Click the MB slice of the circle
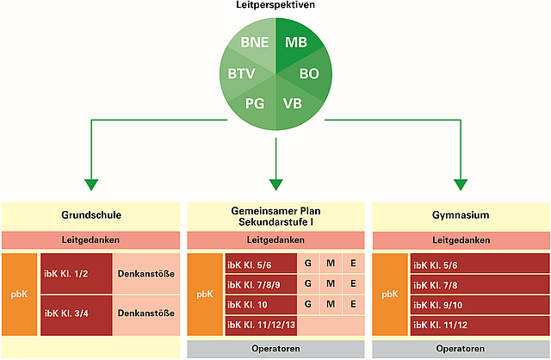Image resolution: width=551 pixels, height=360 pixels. [x=295, y=42]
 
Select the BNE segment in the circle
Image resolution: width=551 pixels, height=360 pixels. [x=255, y=42]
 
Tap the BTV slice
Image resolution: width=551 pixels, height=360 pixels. [x=242, y=74]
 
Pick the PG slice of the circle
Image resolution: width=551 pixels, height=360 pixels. [x=255, y=103]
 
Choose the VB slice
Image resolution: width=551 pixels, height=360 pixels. [x=293, y=103]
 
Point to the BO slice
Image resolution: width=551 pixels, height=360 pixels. [x=308, y=74]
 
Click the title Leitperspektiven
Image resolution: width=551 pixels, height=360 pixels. [x=275, y=6]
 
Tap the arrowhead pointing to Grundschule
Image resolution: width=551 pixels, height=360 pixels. [x=91, y=184]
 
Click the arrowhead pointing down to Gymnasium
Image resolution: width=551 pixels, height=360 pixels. [x=460, y=184]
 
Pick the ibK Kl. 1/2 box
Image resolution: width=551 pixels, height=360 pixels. [x=76, y=275]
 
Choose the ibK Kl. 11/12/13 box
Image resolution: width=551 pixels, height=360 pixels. [x=260, y=326]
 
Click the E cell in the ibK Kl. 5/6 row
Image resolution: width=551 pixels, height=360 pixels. [x=351, y=263]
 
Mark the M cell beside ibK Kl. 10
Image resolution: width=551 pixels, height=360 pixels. [x=330, y=304]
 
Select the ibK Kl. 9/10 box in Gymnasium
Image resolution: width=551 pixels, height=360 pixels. [x=480, y=304]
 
